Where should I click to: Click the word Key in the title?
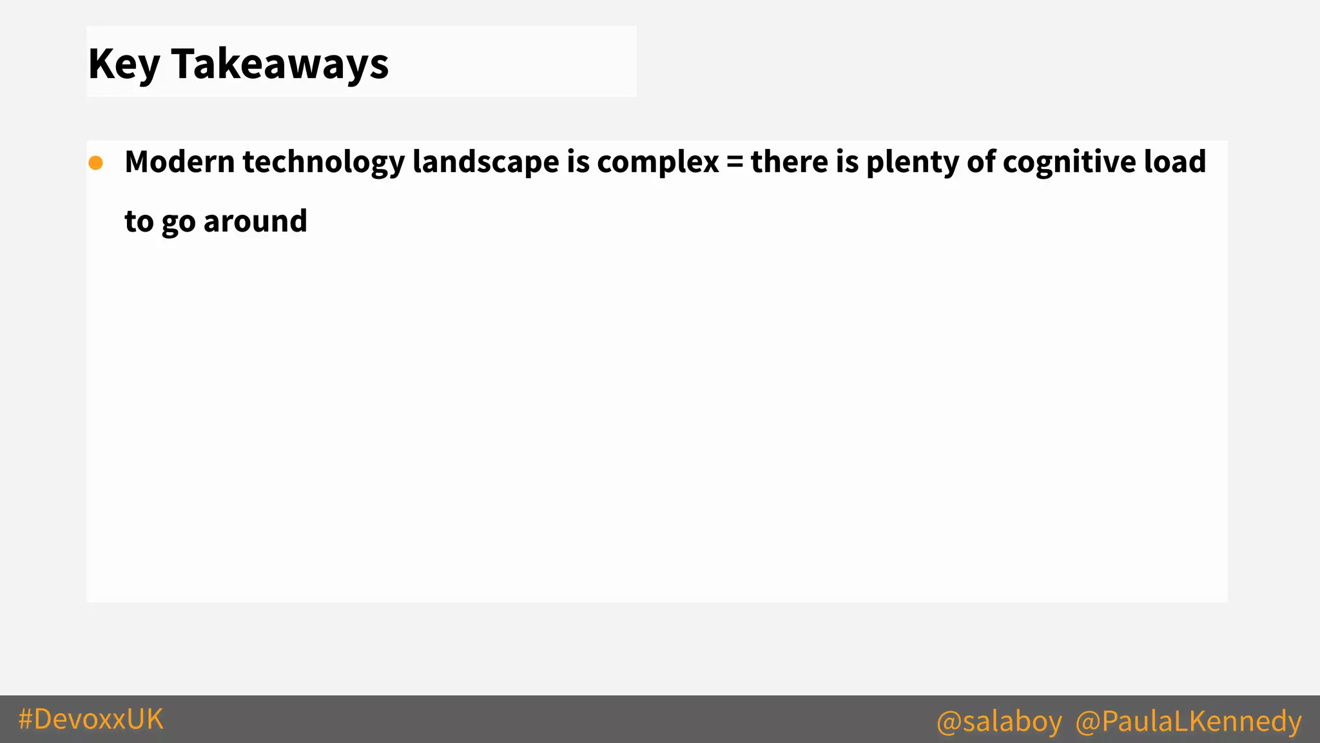124,64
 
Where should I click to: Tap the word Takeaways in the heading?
280,64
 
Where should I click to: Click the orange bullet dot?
96,163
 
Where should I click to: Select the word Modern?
180,162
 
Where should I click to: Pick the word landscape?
485,162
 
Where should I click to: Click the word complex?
657,162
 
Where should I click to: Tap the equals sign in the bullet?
735,163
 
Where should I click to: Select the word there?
790,162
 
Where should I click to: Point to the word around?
255,221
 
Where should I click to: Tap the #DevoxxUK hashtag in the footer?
91,719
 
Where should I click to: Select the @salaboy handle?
999,721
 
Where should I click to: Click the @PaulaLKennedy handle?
1189,721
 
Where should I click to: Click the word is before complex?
578,162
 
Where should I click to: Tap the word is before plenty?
848,162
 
